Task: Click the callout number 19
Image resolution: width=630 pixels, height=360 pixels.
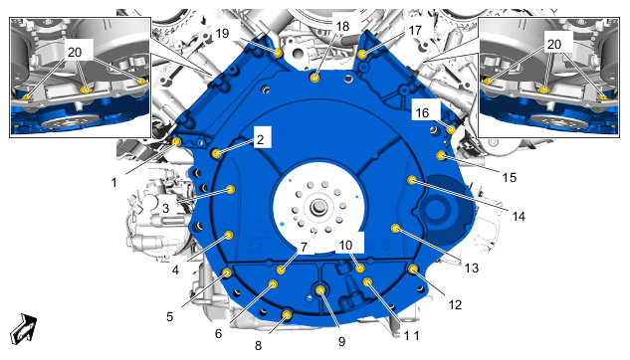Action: (222, 33)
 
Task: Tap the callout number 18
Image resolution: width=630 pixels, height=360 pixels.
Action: (342, 27)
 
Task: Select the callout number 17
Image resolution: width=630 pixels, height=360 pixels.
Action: (415, 30)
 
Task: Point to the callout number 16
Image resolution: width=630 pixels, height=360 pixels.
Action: (422, 112)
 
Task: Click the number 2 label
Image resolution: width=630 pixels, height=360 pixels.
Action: (261, 139)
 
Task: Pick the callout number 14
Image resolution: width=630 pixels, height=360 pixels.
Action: (519, 217)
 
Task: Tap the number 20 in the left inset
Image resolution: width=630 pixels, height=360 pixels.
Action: (75, 52)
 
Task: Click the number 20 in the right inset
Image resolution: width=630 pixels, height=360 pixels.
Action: (554, 44)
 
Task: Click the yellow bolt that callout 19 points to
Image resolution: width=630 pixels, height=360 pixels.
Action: (278, 53)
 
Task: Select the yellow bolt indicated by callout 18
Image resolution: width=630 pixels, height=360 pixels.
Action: (315, 77)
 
